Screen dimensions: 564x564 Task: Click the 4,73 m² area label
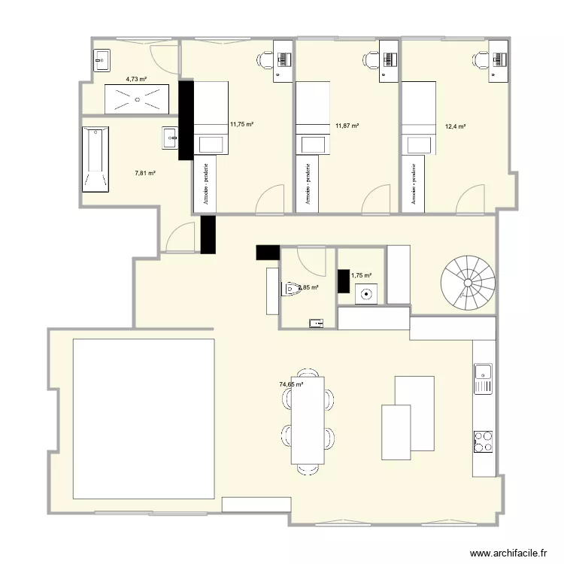(x=135, y=78)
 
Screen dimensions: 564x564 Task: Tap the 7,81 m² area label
(x=145, y=173)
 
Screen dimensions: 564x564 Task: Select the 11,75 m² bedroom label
(x=241, y=124)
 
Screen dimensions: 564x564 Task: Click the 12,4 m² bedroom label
(x=456, y=126)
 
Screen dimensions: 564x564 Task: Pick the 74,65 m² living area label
(x=291, y=384)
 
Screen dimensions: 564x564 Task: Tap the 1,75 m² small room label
(x=362, y=276)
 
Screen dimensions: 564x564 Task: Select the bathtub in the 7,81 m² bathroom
(x=96, y=159)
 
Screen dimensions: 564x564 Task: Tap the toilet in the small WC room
(x=291, y=288)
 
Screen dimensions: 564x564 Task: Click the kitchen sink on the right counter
(x=483, y=378)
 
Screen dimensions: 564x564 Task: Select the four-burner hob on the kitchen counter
(x=483, y=442)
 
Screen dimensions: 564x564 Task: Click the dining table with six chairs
(x=308, y=420)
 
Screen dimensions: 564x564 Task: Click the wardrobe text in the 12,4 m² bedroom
(x=413, y=182)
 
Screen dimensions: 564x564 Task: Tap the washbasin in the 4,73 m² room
(x=102, y=59)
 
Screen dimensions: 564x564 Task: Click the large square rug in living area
(x=144, y=418)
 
